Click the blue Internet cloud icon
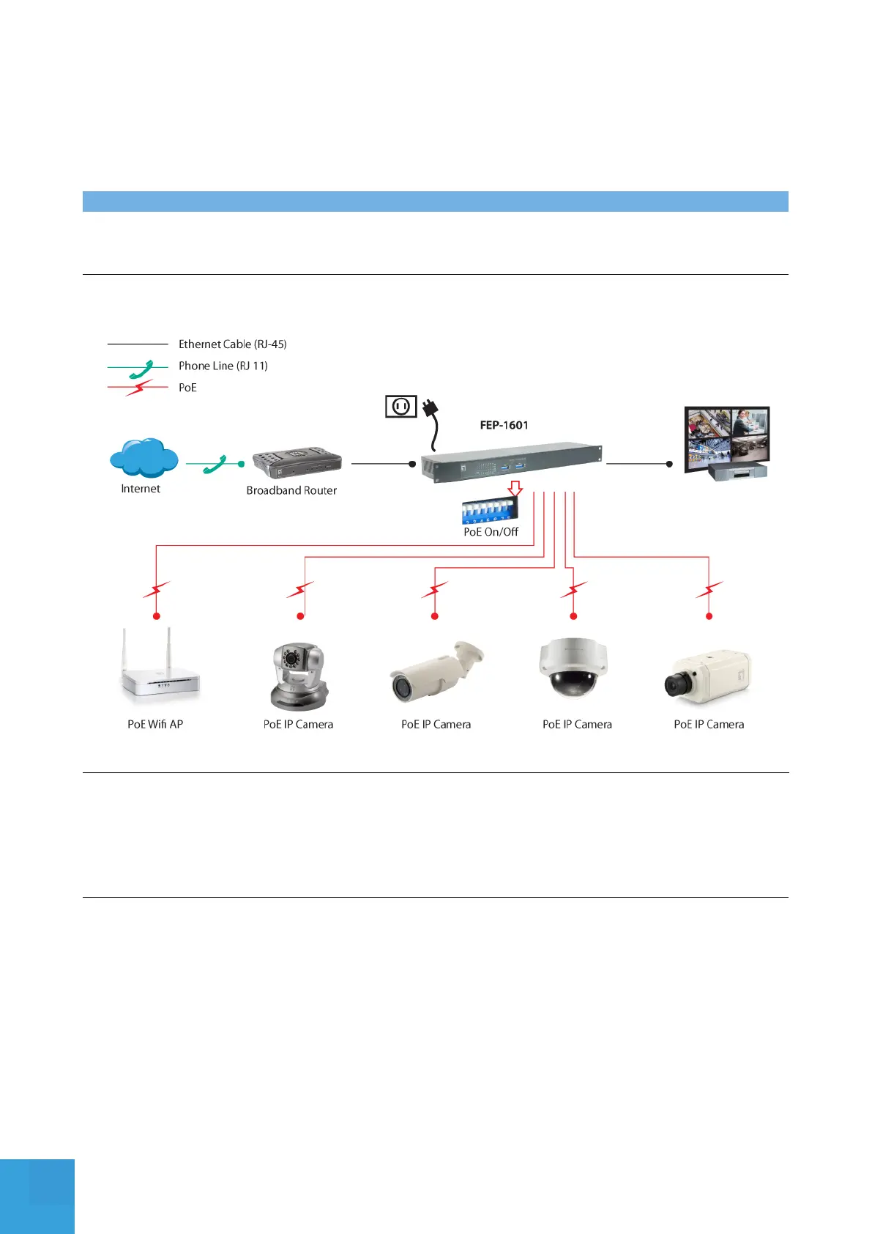point(144,458)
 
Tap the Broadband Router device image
point(297,462)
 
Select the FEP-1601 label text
point(504,425)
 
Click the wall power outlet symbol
point(400,406)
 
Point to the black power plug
point(430,407)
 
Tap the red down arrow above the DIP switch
point(515,488)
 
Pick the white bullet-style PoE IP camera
point(436,670)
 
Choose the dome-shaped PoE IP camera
point(573,667)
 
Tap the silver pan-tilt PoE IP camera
point(297,676)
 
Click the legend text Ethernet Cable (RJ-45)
point(233,344)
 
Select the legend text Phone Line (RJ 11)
point(223,366)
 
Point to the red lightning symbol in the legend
point(138,388)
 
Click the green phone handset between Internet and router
point(215,464)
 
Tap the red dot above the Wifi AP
point(156,616)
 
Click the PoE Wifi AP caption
point(155,724)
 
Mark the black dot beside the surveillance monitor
point(669,464)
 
